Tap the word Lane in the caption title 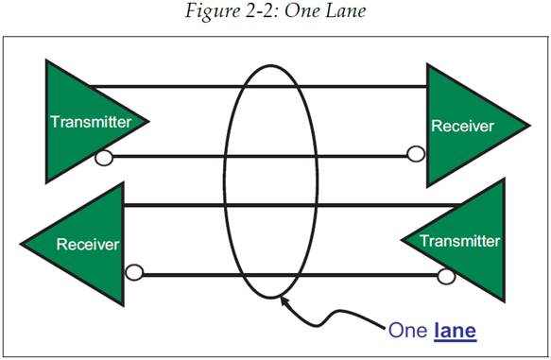coord(345,10)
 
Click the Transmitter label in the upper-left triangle coord(91,122)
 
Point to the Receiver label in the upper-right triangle coord(462,126)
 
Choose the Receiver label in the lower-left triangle coord(88,245)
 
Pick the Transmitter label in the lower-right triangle coord(459,241)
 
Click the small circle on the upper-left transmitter coord(104,158)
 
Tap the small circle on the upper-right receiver coord(416,154)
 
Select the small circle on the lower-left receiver coord(134,272)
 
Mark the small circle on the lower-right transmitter coord(446,276)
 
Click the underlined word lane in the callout coord(455,331)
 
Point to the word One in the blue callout coord(407,331)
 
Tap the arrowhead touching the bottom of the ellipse coord(284,301)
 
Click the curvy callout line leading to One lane coord(331,316)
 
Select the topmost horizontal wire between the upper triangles coord(258,86)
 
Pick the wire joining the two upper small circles coord(260,156)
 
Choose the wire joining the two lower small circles coord(290,275)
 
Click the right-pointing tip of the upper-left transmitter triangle coord(148,122)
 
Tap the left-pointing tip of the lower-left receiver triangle coord(22,244)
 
